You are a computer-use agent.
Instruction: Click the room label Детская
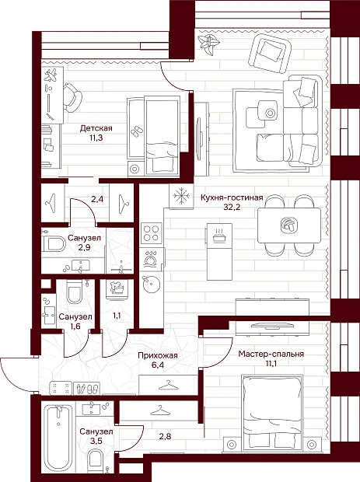(96, 127)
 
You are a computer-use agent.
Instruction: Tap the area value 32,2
(232, 207)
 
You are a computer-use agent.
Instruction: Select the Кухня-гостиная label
(232, 197)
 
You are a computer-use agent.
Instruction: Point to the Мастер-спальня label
(271, 355)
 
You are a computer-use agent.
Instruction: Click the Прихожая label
(158, 355)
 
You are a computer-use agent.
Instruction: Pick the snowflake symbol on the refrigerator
(181, 196)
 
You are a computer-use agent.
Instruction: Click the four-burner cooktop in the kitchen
(152, 233)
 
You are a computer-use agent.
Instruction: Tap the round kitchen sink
(152, 284)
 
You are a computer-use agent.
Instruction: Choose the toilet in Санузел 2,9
(54, 245)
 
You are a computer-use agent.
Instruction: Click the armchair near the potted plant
(270, 54)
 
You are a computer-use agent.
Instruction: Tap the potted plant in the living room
(209, 44)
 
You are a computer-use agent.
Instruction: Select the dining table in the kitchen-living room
(289, 225)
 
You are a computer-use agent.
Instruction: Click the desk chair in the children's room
(72, 98)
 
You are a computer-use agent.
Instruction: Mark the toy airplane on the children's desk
(51, 75)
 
